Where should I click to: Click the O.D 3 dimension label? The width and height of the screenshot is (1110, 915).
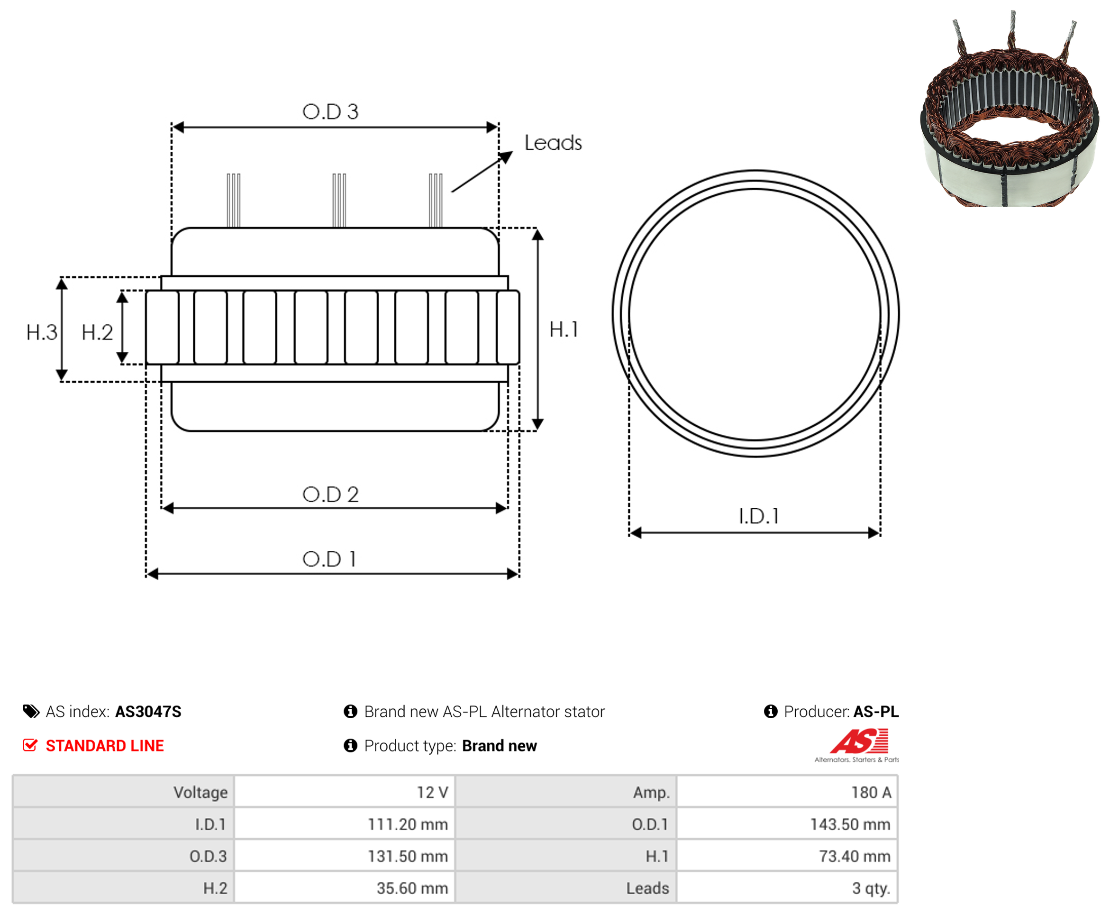tap(330, 112)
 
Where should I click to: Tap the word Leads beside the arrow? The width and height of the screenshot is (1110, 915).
tap(553, 143)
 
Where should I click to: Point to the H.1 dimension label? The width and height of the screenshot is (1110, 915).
tap(564, 329)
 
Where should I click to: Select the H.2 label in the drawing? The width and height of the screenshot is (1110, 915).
tap(98, 333)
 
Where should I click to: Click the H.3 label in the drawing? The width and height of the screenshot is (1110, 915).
tap(42, 333)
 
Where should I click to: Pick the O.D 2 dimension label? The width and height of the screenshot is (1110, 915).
tap(330, 494)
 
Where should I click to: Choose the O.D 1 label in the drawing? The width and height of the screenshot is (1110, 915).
tap(329, 559)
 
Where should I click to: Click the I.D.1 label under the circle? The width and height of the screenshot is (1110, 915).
tap(759, 517)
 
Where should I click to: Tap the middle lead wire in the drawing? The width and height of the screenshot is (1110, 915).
tap(339, 200)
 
